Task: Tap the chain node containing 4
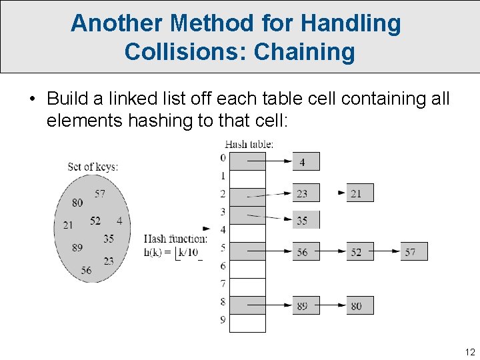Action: pos(306,161)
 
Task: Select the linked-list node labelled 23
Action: pos(306,193)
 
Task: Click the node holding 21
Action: pos(360,193)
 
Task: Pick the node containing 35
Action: pos(306,220)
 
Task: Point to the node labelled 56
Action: pos(306,251)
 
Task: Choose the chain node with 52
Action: pos(360,251)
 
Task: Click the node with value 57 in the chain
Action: pos(414,251)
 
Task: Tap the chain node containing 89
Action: pos(306,305)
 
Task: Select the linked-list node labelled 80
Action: pos(360,305)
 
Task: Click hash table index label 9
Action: pos(223,320)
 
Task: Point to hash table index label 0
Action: pos(223,158)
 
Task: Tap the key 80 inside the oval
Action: pos(77,203)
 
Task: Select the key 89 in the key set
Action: pos(77,247)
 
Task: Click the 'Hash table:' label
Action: pos(249,143)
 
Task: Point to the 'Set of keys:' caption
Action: pos(93,167)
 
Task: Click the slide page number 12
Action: pos(470,351)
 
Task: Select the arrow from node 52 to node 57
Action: pos(387,251)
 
